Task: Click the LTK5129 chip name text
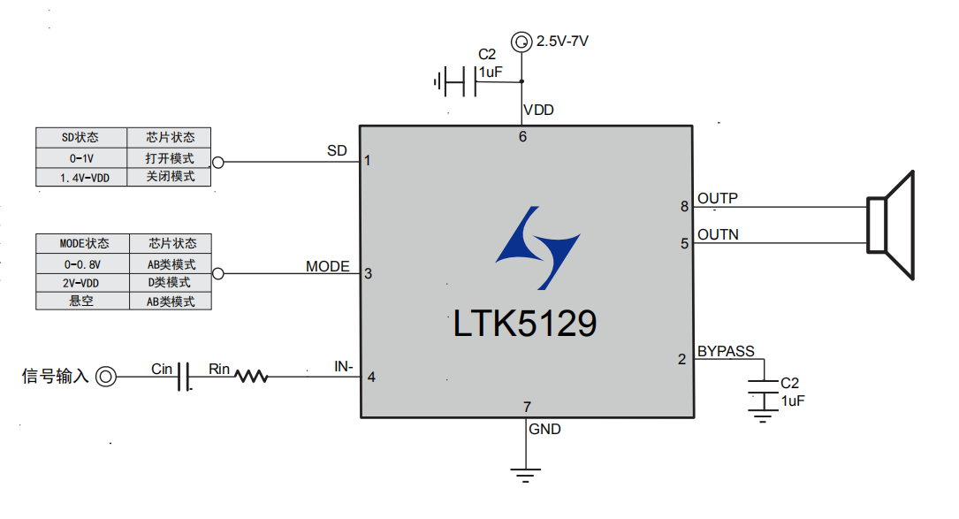[x=525, y=324]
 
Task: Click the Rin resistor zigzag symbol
[x=252, y=377]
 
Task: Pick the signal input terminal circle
[x=106, y=377]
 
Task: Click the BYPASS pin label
[x=726, y=351]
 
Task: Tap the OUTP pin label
[x=718, y=198]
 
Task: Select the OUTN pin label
[x=718, y=234]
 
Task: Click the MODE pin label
[x=328, y=266]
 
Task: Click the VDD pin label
[x=539, y=111]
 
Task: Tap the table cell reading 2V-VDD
[x=82, y=282]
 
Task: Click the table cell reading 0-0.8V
[x=82, y=263]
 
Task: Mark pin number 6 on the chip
[x=522, y=136]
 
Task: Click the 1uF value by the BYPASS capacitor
[x=793, y=401]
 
